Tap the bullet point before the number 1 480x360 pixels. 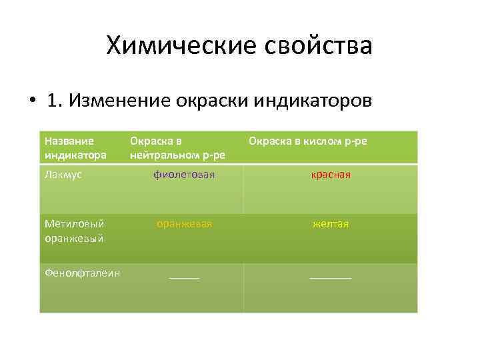pyautogui.click(x=31, y=101)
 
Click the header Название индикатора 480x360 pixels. pyautogui.click(x=75, y=148)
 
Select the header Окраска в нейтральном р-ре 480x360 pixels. pyautogui.click(x=177, y=148)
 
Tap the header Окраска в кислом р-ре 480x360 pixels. pyautogui.click(x=307, y=141)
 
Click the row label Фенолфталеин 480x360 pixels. pyautogui.click(x=82, y=272)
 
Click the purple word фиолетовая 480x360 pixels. pyautogui.click(x=184, y=175)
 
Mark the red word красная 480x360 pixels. pyautogui.click(x=330, y=175)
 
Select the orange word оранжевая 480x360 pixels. pyautogui.click(x=184, y=224)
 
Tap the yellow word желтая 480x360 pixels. pyautogui.click(x=330, y=224)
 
